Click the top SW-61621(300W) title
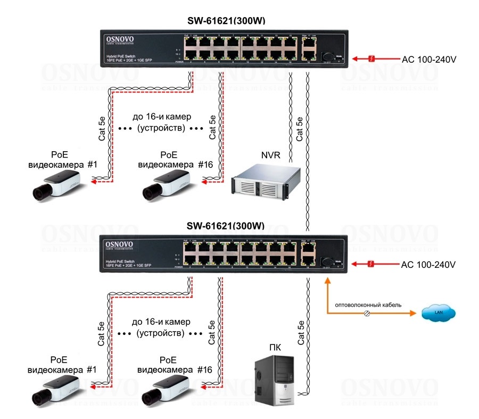[x=226, y=21]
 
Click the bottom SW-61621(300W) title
[x=226, y=226]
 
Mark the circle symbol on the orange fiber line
[x=366, y=314]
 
